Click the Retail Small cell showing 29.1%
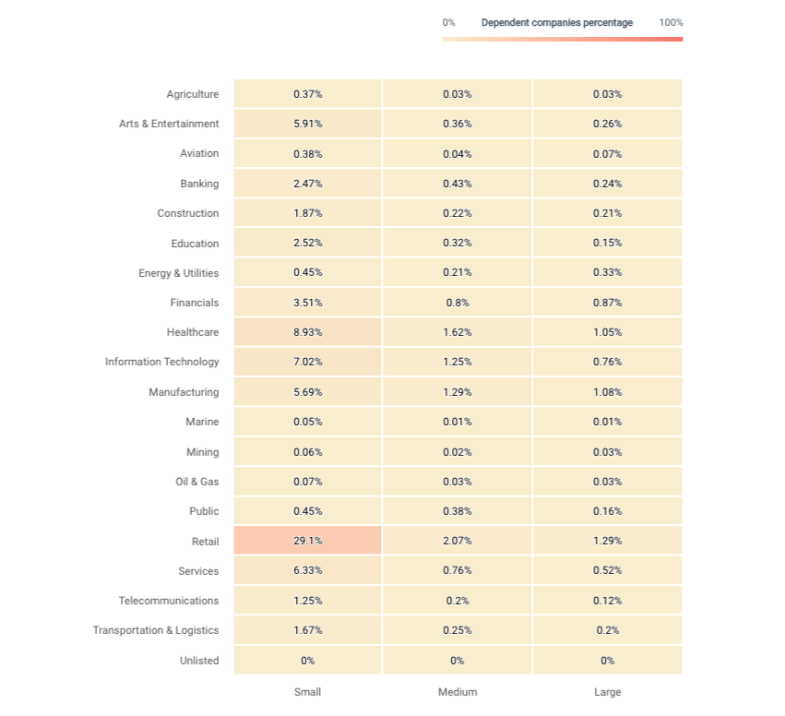coord(307,541)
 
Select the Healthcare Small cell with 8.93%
coord(307,332)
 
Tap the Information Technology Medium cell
coord(458,362)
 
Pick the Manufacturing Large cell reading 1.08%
coord(607,391)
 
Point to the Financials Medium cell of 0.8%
coord(458,303)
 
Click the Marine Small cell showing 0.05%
coord(307,422)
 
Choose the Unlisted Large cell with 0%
coord(607,660)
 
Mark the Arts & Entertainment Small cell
coord(307,124)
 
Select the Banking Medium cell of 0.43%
coord(458,184)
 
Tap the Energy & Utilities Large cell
coord(607,272)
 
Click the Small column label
coord(307,692)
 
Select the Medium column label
coord(458,692)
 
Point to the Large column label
coord(607,692)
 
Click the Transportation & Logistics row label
coord(156,630)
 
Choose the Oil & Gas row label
coord(196,482)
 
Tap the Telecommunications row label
coord(169,601)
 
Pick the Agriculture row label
coord(193,94)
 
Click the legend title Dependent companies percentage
coord(557,22)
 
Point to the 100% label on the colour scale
coord(671,22)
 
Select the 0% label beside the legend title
coord(448,22)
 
